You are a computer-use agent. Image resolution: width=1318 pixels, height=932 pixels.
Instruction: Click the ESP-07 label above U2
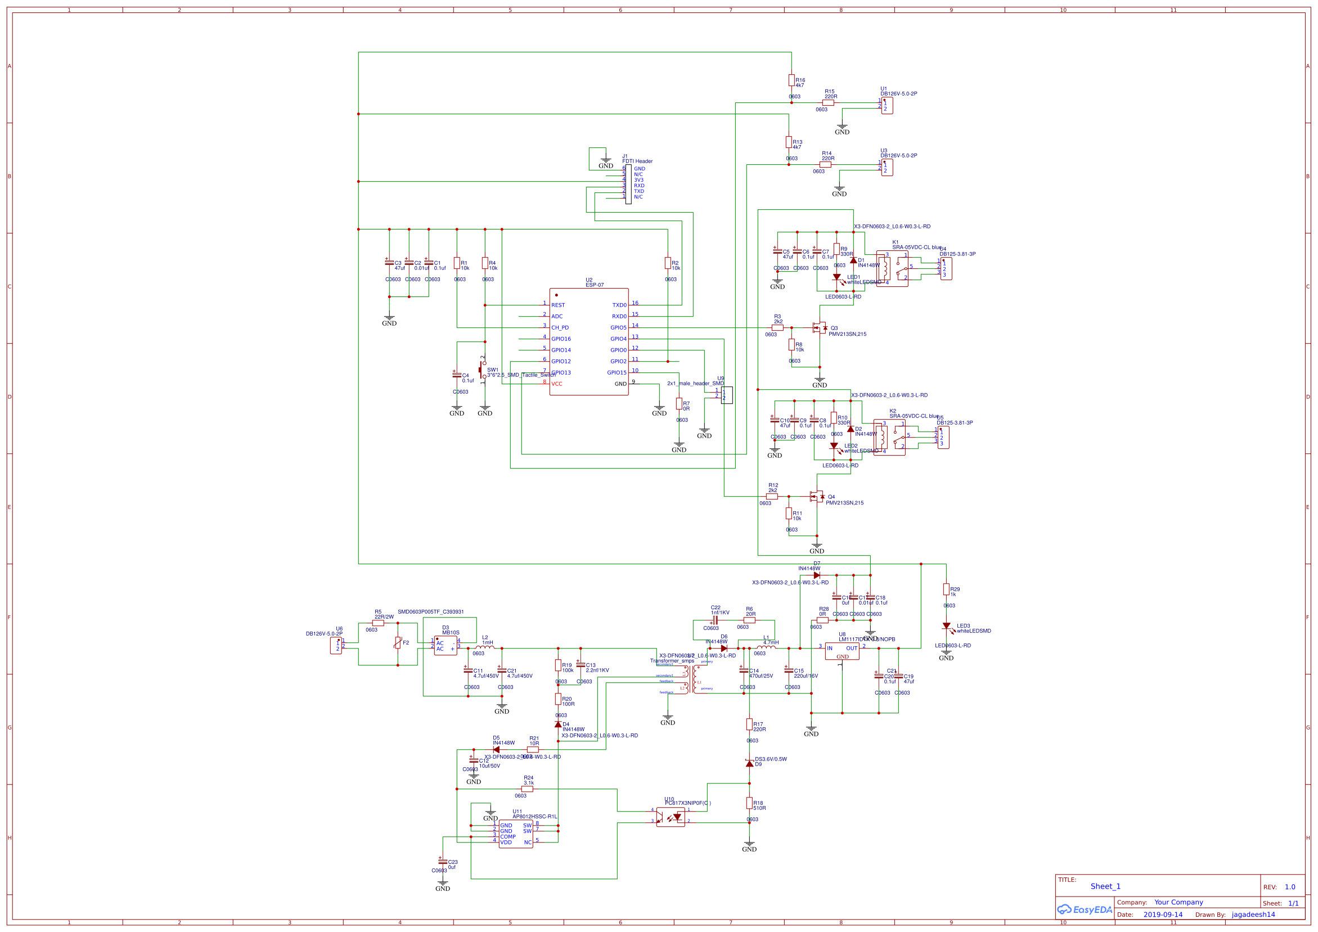594,285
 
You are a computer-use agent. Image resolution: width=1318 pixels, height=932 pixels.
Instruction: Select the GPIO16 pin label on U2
561,339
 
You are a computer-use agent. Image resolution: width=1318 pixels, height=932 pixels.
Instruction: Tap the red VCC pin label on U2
556,384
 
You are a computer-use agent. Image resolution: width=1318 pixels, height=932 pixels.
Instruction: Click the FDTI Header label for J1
637,161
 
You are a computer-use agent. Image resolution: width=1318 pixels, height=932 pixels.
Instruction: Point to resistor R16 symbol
791,80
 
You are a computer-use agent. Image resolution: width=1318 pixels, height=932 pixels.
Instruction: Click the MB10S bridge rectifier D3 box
446,646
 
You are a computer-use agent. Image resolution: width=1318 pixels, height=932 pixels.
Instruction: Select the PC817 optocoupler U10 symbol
671,817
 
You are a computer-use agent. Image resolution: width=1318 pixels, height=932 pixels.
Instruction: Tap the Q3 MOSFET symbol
820,328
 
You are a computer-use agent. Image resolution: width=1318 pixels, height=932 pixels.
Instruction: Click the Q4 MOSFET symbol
817,497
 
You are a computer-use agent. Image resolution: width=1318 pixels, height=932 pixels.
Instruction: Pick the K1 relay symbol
892,269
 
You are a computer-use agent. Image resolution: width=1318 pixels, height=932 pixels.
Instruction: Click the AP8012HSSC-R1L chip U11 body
515,834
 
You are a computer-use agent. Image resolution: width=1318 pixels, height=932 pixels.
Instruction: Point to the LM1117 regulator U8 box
842,651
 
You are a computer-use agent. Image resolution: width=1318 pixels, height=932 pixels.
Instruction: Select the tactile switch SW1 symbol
483,370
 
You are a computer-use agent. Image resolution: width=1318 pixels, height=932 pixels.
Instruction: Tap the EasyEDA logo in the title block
1084,910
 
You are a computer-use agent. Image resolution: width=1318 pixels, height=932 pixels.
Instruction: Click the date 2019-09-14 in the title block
1162,915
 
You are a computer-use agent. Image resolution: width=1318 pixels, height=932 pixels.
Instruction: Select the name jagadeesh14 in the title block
1253,915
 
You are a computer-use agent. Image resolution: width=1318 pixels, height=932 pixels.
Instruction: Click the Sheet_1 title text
1105,886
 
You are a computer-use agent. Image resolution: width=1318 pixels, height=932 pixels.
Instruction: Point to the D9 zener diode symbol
749,763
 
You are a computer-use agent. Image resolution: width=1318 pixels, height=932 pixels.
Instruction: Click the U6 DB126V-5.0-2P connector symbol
336,646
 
